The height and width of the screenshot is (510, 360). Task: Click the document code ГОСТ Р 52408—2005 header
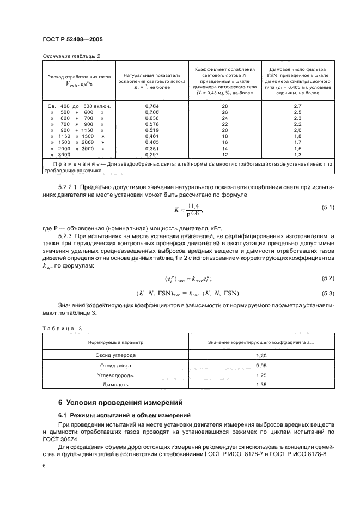[x=72, y=40]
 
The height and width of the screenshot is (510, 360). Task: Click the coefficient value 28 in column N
[x=225, y=106]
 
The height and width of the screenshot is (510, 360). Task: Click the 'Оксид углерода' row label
[x=115, y=355]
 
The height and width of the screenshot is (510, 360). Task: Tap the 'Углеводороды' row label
[x=115, y=375]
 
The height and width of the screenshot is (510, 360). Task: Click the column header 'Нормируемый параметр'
[x=115, y=343]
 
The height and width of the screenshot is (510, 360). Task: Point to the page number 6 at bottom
[x=44, y=466]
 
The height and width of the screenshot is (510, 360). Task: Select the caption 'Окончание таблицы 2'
[x=71, y=56]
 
